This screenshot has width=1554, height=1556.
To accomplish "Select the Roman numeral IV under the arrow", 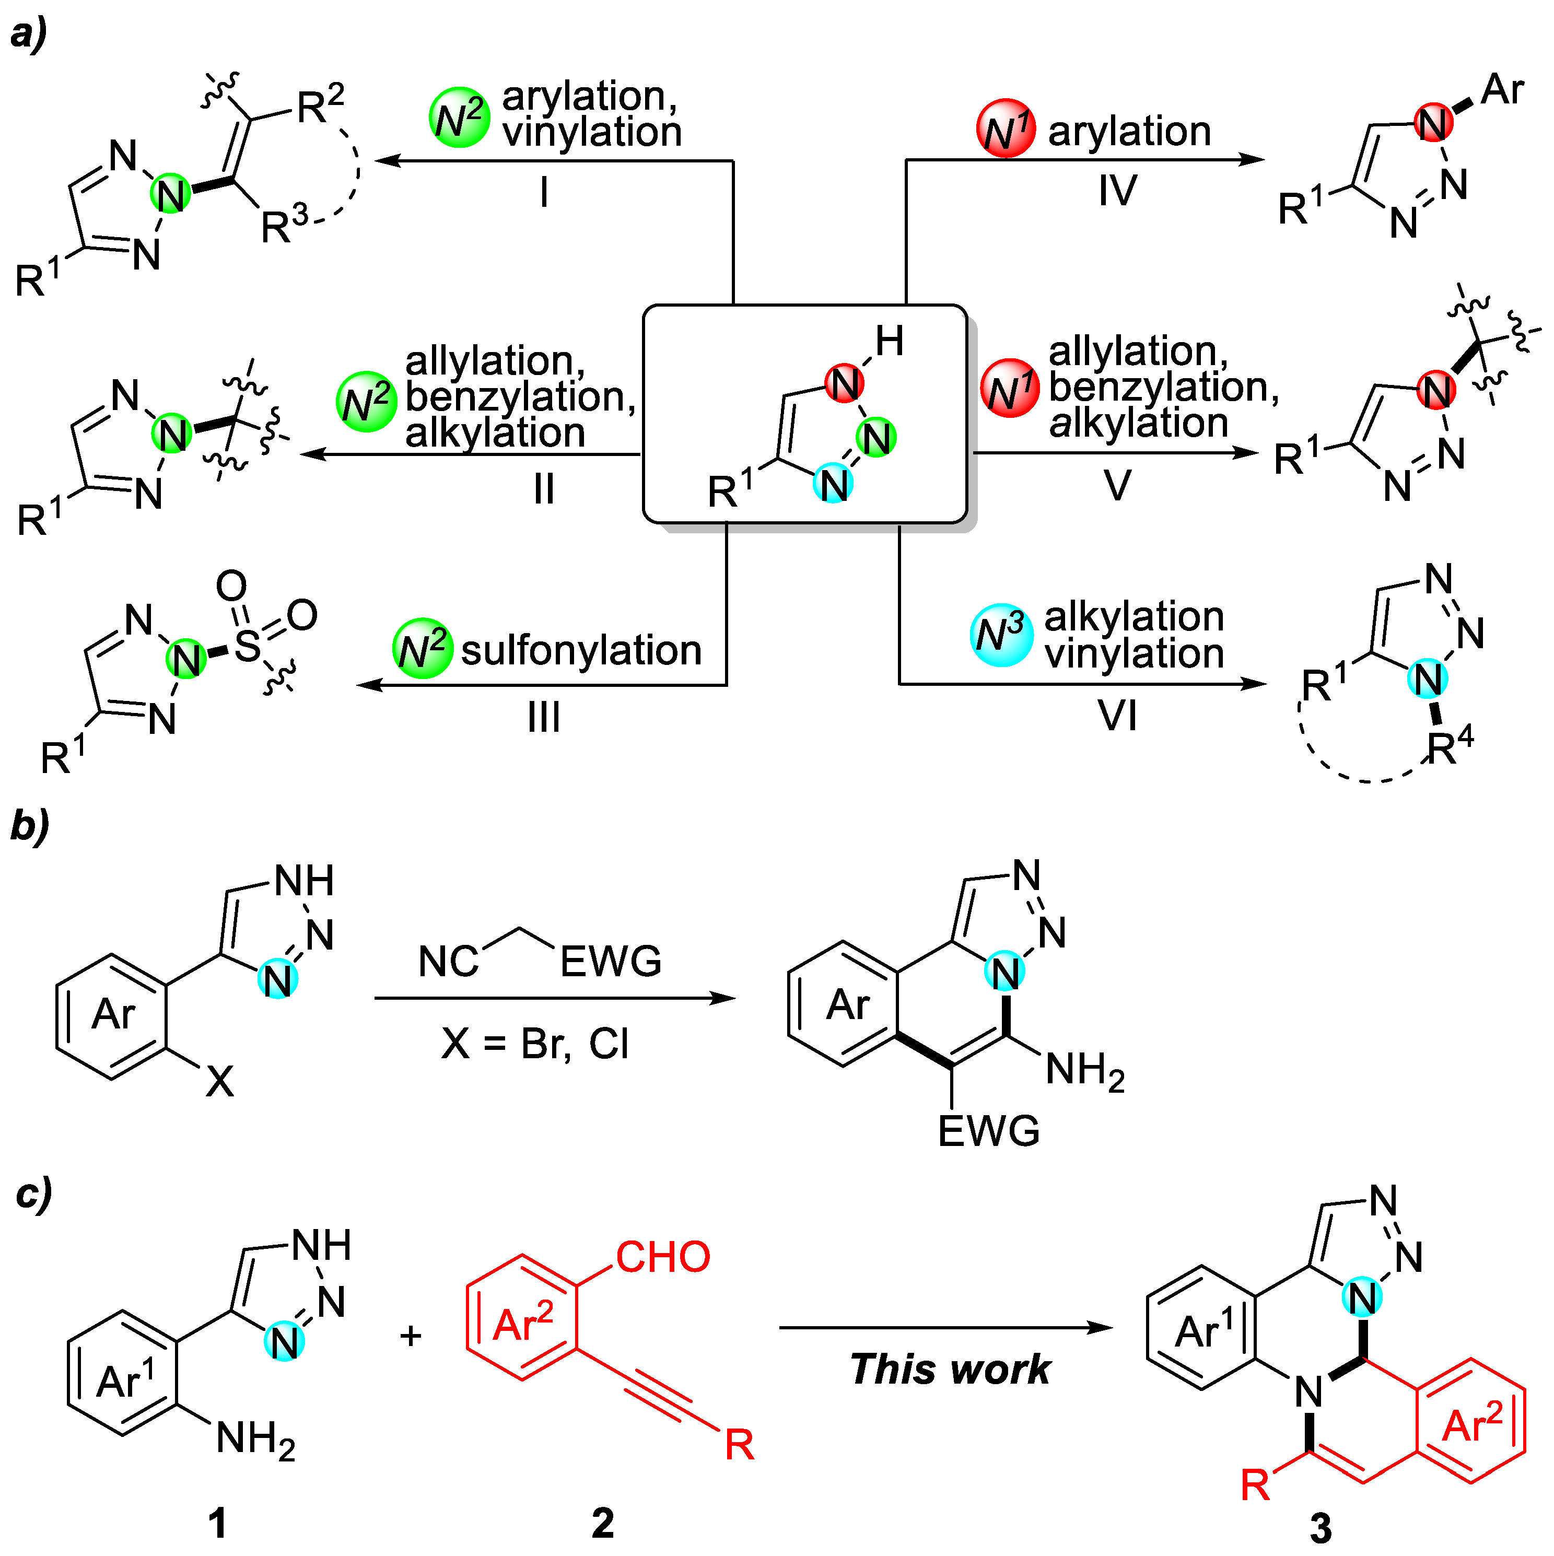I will click(1117, 191).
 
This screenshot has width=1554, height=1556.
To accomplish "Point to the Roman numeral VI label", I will click(1117, 715).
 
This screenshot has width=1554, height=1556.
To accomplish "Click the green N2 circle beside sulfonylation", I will click(422, 648).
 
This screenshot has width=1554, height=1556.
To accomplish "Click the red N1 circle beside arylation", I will click(1006, 129).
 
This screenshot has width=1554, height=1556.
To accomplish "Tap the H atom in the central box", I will click(890, 342).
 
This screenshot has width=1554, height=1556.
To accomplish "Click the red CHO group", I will click(662, 1257).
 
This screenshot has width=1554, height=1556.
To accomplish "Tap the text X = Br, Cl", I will click(535, 1044).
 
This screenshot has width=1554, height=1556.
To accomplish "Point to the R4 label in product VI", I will click(1450, 746).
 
